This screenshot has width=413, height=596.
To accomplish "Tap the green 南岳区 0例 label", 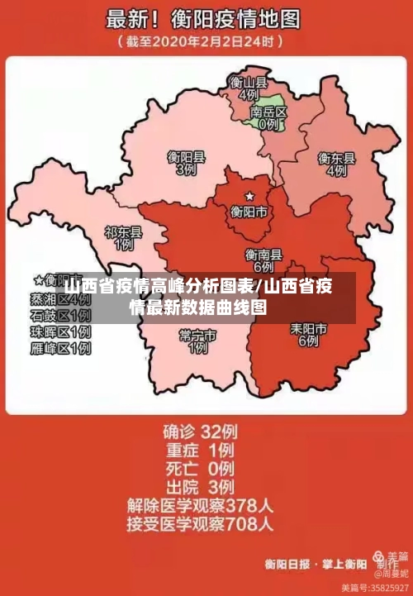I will point(268,117).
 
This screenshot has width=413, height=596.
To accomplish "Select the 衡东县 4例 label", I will point(336,164).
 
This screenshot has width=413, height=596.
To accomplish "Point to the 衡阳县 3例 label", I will point(186,162).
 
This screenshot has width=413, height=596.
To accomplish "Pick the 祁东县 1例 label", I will point(123,239).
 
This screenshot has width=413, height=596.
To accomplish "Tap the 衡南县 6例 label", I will point(263,261).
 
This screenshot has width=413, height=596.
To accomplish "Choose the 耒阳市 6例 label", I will point(308,334).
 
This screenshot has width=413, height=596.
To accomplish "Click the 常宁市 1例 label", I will point(197,341).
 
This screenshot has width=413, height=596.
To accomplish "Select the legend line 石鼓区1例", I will point(60,316).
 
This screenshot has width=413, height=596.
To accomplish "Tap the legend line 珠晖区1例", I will point(60,332).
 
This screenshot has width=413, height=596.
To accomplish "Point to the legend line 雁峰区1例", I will point(60,349).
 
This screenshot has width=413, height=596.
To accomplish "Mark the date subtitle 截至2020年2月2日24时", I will point(203,40).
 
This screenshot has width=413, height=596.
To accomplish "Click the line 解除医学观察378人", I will point(200,504).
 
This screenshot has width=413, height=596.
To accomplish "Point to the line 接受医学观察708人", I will point(200,523).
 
